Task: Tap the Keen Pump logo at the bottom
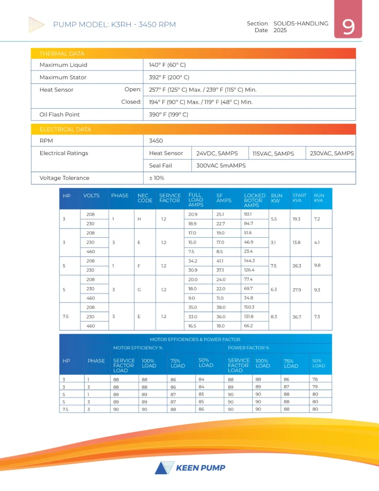tap(190, 468)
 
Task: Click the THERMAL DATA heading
tap(62, 54)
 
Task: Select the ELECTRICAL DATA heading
tap(65, 129)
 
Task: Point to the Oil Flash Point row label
tap(59, 115)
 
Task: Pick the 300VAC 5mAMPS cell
tap(221, 166)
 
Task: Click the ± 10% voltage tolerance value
tap(157, 178)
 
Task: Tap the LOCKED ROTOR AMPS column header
tap(254, 200)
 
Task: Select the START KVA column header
tap(299, 198)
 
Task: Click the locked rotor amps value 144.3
tap(250, 261)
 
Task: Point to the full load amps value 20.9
tap(193, 214)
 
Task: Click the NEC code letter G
tap(138, 289)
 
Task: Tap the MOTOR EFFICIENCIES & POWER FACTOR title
tap(195, 339)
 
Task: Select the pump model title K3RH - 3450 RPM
tap(115, 24)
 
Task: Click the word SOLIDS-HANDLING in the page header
tap(301, 23)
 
